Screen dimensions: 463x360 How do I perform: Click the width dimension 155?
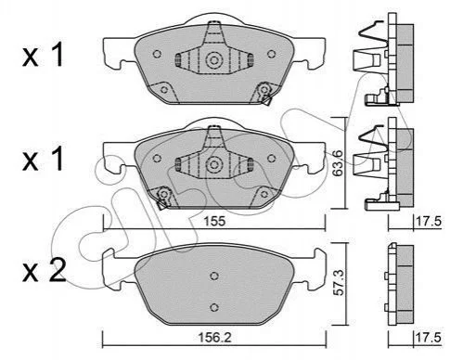tap(214, 222)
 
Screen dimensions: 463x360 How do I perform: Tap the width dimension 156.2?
tap(214, 338)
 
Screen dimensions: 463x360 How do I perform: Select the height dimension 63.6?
tap(337, 162)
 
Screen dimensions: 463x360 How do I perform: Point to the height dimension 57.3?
tap(339, 282)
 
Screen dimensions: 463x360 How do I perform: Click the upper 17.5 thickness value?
tap(429, 222)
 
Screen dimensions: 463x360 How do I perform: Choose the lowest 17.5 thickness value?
tap(429, 338)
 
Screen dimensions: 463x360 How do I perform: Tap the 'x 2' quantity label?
tap(45, 270)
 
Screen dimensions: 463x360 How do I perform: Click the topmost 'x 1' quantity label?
tap(43, 55)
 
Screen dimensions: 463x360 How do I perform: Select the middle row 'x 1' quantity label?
tap(43, 159)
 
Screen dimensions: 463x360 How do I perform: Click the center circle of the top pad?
tap(213, 60)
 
